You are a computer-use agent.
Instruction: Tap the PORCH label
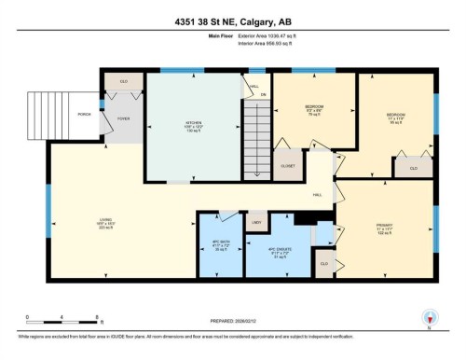click(83, 115)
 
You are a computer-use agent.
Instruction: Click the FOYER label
click(122, 119)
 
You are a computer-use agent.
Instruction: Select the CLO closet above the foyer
click(123, 82)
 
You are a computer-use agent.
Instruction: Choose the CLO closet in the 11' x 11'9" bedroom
click(413, 167)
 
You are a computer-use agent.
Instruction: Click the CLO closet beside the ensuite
click(324, 264)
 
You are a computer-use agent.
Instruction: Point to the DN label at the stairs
click(264, 95)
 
